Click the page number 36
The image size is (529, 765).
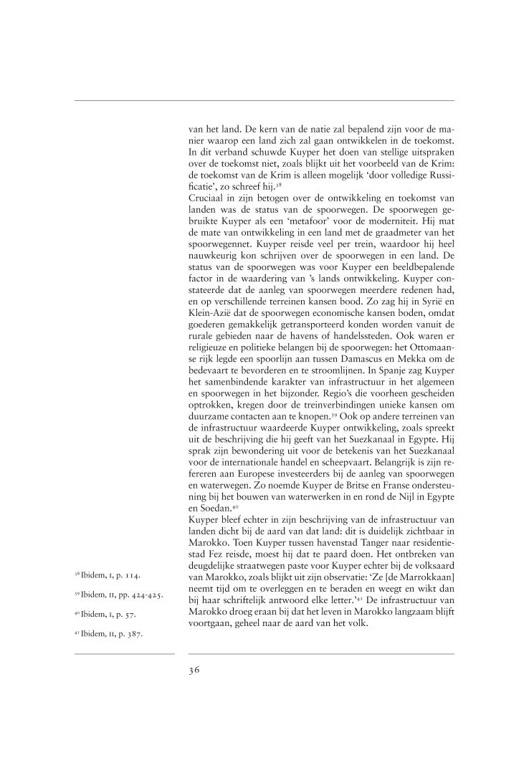pos(194,670)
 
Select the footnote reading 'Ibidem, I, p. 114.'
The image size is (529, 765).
pos(106,555)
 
